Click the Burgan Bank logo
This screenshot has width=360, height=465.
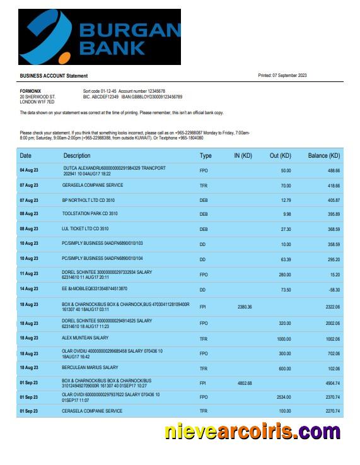pyautogui.click(x=100, y=37)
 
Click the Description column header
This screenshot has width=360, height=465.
pyautogui.click(x=77, y=156)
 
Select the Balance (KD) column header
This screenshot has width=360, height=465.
pyautogui.click(x=323, y=156)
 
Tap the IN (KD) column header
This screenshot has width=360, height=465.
pyautogui.click(x=243, y=156)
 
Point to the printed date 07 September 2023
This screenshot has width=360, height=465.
pyautogui.click(x=282, y=76)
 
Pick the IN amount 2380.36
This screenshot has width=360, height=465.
pyautogui.click(x=244, y=307)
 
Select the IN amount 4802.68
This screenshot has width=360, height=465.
pyautogui.click(x=244, y=383)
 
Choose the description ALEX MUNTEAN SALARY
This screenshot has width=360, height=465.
pyautogui.click(x=86, y=338)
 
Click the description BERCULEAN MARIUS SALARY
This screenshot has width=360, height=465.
pyautogui.click(x=90, y=367)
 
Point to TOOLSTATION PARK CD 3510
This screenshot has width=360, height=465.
pyautogui.click(x=90, y=214)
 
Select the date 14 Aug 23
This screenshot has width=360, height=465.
pyautogui.click(x=29, y=289)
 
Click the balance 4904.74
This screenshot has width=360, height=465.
pyautogui.click(x=332, y=383)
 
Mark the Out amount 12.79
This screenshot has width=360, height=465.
pyautogui.click(x=286, y=201)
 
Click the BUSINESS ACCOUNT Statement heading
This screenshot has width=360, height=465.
pyautogui.click(x=54, y=76)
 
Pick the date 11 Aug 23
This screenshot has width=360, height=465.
pyautogui.click(x=29, y=274)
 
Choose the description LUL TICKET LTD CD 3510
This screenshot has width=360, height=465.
pyautogui.click(x=85, y=229)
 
